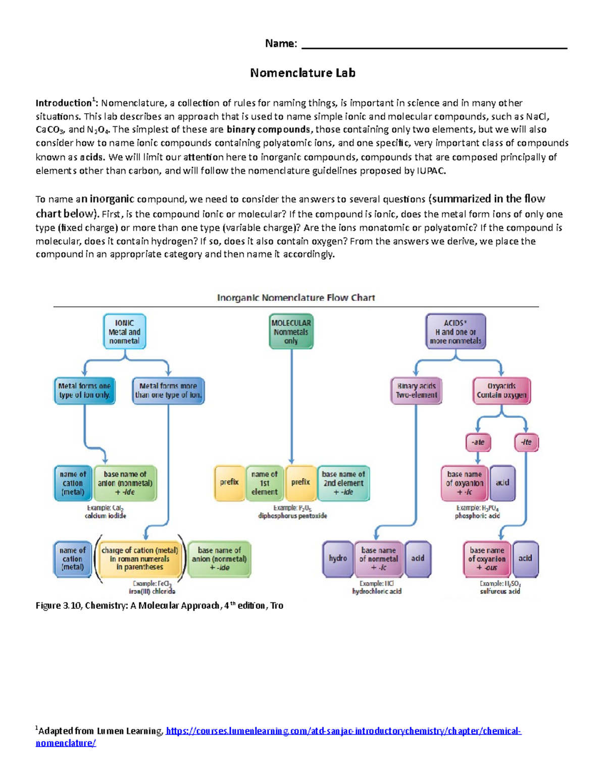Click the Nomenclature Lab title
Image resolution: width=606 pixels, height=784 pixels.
pyautogui.click(x=302, y=73)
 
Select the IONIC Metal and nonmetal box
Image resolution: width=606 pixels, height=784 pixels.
pyautogui.click(x=124, y=332)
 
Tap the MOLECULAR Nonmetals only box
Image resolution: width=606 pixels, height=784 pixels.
pyautogui.click(x=291, y=332)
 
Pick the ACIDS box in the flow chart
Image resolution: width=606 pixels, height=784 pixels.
pyautogui.click(x=456, y=332)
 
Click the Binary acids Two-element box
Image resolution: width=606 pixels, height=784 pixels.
pyautogui.click(x=416, y=391)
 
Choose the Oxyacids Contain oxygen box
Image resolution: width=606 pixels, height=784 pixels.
pyautogui.click(x=501, y=391)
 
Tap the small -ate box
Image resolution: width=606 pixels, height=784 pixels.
pyautogui.click(x=478, y=442)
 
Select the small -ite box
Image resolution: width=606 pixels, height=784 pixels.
pyautogui.click(x=526, y=442)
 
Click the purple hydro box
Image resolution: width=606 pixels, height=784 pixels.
pyautogui.click(x=337, y=558)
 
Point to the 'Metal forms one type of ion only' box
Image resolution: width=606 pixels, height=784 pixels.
pyautogui.click(x=84, y=391)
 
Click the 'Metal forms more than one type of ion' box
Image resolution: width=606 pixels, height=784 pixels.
pyautogui.click(x=168, y=391)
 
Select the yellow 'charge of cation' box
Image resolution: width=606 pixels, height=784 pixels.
pyautogui.click(x=140, y=559)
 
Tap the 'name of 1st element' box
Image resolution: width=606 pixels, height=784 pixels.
pyautogui.click(x=264, y=483)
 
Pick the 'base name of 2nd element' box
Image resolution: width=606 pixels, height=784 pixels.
pyautogui.click(x=343, y=483)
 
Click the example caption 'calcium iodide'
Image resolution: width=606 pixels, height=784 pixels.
pyautogui.click(x=106, y=516)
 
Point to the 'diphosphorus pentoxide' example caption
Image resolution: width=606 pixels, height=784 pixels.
pyautogui.click(x=292, y=516)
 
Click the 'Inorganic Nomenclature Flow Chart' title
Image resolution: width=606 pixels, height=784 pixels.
pyautogui.click(x=296, y=298)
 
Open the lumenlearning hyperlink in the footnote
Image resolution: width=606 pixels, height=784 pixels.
pyautogui.click(x=343, y=731)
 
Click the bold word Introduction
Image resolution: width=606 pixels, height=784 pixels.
pyautogui.click(x=63, y=103)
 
